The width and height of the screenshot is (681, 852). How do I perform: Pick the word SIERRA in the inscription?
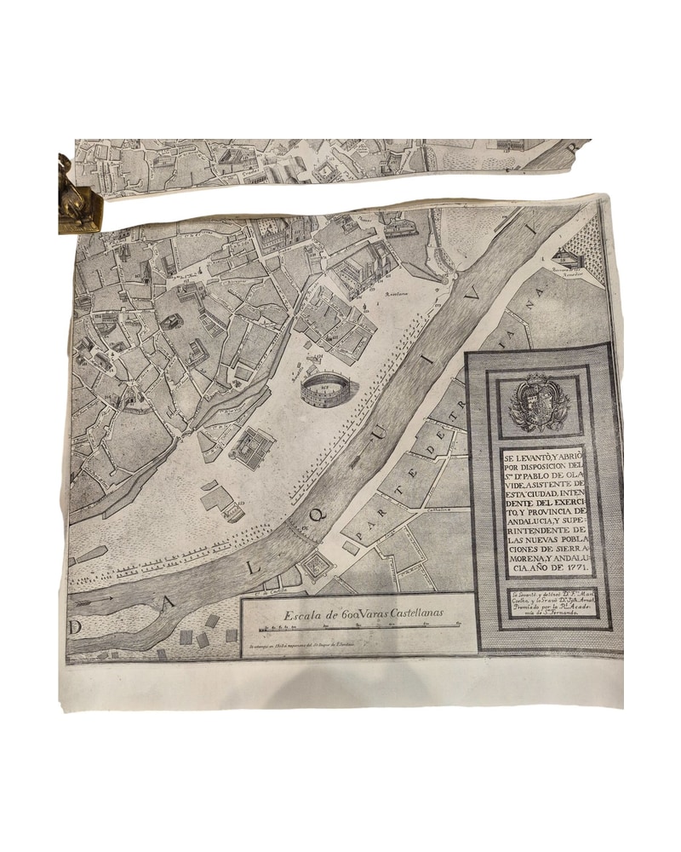[564, 546]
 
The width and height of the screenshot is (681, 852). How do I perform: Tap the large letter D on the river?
[78, 627]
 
